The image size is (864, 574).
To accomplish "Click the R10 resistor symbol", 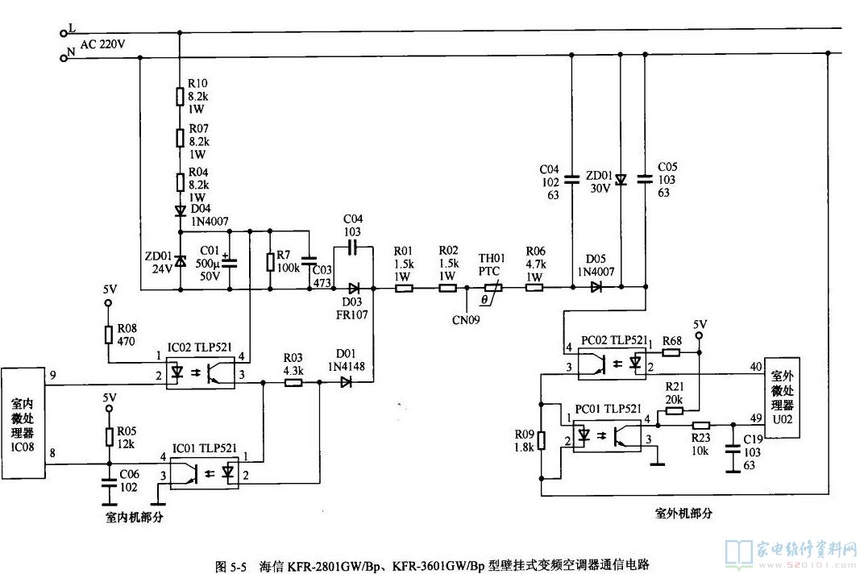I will [180, 98].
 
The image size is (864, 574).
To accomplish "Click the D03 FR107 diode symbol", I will [354, 287].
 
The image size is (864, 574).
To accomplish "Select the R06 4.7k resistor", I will [534, 287].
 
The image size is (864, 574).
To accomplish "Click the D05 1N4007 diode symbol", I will [596, 287].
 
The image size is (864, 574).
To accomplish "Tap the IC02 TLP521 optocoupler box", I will [200, 368].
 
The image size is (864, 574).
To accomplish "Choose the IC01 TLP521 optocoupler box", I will [205, 469].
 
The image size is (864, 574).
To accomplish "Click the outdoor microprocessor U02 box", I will [782, 397].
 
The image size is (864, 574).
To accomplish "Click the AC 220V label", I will [102, 44].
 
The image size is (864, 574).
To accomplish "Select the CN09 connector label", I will [466, 319].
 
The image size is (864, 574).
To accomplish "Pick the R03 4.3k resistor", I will [293, 384].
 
